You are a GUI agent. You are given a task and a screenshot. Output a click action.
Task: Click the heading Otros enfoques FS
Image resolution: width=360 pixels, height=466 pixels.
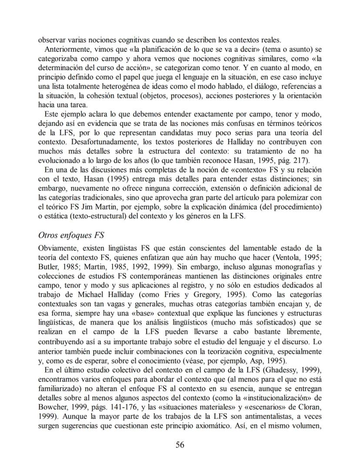click(x=71, y=235)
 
